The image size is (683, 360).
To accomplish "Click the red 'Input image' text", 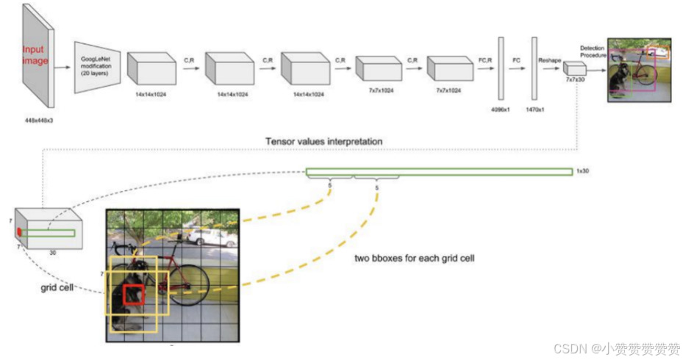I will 33,56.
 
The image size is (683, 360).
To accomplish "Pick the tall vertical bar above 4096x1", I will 501,67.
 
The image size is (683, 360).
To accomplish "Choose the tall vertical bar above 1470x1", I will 534,67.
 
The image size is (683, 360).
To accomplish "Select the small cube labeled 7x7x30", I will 573,69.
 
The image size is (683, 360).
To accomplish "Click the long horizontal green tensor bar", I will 439,172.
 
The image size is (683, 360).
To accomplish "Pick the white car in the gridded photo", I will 212,237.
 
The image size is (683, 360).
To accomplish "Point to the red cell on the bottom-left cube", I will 19,232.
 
